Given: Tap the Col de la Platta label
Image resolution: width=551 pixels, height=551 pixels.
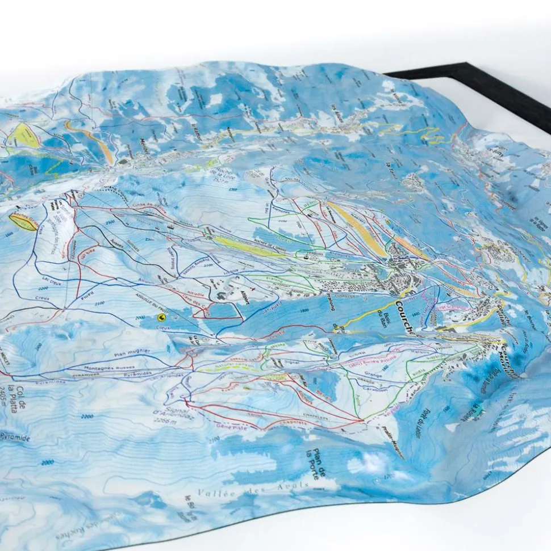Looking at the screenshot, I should (x=22, y=397).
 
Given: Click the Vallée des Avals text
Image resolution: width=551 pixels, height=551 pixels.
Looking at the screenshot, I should (x=253, y=489).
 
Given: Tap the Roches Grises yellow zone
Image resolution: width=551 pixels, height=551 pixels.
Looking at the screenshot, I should (x=23, y=222).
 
